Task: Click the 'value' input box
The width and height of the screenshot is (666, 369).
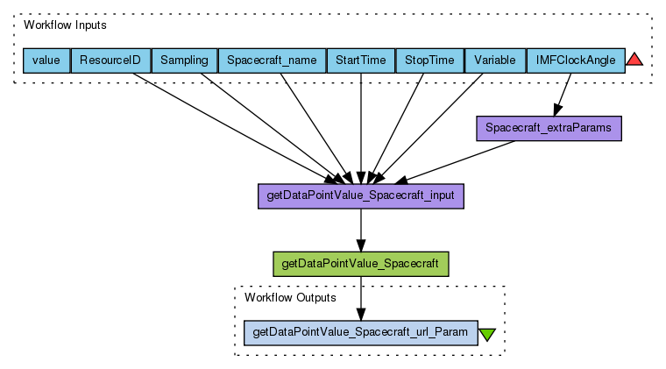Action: [46, 60]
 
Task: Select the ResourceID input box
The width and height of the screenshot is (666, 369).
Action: [110, 60]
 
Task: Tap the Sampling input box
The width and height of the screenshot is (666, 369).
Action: [184, 60]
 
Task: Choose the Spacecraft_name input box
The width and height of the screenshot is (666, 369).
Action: [271, 60]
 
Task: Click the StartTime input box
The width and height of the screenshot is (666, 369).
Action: [360, 60]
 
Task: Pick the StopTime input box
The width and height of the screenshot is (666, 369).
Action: [429, 60]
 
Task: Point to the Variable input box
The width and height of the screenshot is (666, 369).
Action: [494, 60]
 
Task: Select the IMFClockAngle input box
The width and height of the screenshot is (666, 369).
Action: [575, 60]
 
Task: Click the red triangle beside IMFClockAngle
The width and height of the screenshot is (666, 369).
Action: [635, 60]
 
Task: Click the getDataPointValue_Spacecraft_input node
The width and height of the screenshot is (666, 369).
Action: [360, 195]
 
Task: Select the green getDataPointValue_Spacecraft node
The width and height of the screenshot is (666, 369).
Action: [361, 263]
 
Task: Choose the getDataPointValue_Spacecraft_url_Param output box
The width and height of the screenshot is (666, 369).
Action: [360, 332]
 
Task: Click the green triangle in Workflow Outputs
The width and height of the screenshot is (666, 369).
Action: [487, 334]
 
